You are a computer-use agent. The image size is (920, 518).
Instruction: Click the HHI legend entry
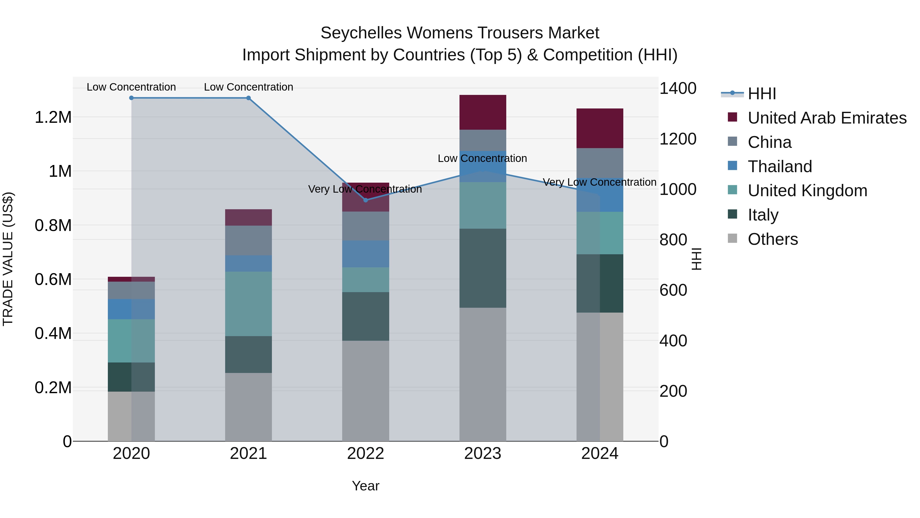762,94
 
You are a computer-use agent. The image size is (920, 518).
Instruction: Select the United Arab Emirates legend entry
827,118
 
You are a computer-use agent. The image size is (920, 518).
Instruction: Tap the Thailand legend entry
780,167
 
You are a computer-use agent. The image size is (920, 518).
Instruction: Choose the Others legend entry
773,239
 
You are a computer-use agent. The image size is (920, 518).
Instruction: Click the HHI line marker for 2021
249,98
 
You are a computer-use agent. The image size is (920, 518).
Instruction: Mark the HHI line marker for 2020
131,98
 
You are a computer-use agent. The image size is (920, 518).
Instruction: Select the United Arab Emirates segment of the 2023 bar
482,112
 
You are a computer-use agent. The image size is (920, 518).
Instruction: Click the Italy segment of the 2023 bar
482,268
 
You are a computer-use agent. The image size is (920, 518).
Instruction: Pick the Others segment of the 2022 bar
365,391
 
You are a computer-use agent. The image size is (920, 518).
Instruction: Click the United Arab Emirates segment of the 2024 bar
600,128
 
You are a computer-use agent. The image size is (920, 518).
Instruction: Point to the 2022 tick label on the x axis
365,454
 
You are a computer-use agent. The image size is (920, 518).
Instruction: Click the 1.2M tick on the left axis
53,117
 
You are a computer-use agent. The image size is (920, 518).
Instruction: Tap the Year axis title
365,486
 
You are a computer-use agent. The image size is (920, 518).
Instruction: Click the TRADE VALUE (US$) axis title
8,259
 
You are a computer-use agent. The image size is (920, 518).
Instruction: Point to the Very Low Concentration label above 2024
599,182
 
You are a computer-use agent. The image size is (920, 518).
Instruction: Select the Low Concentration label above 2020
131,87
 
